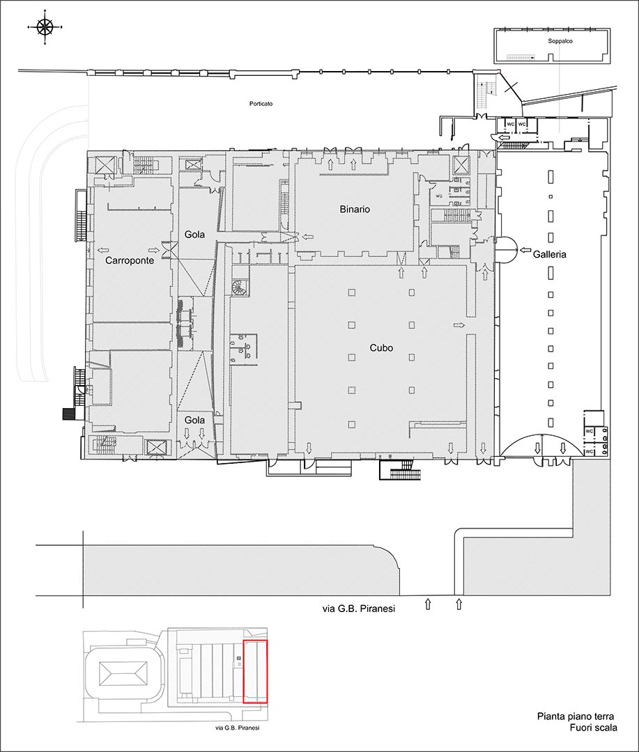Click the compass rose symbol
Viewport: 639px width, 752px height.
coord(45,27)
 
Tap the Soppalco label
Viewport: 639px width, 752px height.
coord(560,41)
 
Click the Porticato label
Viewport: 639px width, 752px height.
coord(261,104)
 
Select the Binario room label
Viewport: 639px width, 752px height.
coord(355,209)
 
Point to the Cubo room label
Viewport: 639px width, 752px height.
coord(381,347)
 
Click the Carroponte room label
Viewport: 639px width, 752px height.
coord(130,260)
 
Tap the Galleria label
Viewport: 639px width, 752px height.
coord(549,254)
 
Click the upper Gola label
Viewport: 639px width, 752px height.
coord(194,235)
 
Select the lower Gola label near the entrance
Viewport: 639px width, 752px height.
coord(194,420)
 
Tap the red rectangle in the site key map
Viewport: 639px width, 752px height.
coord(256,671)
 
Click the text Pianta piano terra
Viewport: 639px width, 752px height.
coord(575,716)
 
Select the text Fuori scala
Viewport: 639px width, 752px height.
coord(594,728)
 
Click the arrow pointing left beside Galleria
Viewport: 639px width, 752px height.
coord(525,251)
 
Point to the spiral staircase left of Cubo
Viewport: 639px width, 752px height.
coord(239,289)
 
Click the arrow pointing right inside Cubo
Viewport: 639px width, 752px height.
coord(459,326)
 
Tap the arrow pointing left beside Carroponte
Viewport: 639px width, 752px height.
coord(102,250)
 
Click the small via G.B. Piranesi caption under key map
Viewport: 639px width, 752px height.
coord(237,728)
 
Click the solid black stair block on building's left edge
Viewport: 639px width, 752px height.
coord(70,414)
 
